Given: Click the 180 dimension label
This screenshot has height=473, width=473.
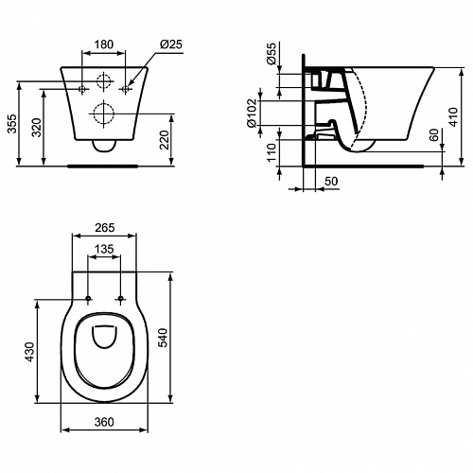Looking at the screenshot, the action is coord(104,44).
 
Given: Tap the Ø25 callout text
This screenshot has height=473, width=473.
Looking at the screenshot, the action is coord(171,44).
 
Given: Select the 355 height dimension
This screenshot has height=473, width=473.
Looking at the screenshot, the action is coord(12,124).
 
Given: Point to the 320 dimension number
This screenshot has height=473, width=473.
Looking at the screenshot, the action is coord(37,128).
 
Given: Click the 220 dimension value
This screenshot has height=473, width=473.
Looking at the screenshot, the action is coord(165,140).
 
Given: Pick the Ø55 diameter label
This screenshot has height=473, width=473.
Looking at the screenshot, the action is coord(271,53).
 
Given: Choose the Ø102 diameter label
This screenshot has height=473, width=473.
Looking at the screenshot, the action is coord(252,114).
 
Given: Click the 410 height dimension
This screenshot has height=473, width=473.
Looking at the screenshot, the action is coord(453,117).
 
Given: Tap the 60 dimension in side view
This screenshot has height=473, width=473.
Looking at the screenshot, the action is coord(434,134).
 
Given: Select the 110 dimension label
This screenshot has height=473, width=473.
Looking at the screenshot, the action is coord(272,152).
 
